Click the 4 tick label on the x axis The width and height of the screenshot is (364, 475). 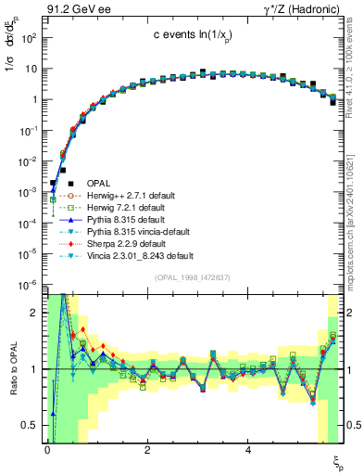point(247,451)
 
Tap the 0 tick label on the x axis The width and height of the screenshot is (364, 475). point(46,451)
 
